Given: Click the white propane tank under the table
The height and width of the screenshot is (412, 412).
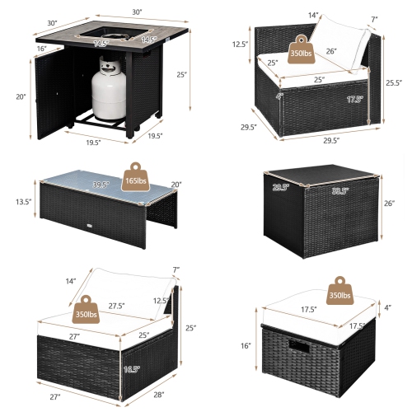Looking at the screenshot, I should pos(108,90).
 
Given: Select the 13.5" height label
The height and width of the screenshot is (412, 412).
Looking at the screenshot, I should pos(24,201).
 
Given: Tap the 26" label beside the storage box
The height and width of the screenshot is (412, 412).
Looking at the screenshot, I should pos(389,202).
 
